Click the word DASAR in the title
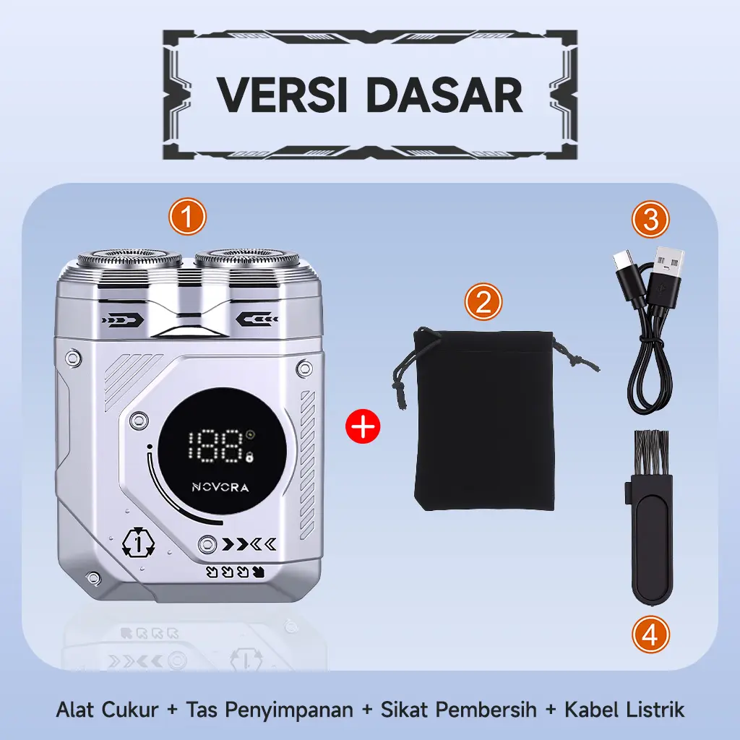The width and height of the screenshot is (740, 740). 444,95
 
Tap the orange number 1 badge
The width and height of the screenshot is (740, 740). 187,217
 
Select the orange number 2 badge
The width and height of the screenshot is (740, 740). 483,302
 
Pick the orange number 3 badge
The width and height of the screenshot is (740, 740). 651,220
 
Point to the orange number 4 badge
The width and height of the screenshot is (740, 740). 651,634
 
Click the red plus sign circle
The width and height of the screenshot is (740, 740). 363,426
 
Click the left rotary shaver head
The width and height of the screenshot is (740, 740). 130,259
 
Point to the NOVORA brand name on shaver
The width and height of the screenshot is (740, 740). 220,487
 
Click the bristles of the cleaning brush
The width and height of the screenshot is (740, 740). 653,452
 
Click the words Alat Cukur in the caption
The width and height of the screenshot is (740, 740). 108,710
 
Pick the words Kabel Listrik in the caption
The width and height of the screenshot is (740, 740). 624,710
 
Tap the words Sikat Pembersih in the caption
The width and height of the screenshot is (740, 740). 459,710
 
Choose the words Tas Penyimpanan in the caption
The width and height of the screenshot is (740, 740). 270,710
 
